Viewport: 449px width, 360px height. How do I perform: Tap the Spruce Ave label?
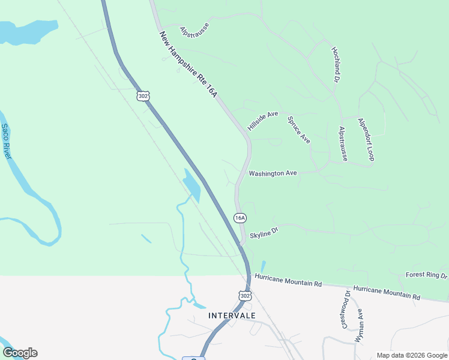298,130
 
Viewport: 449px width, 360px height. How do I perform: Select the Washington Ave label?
273,173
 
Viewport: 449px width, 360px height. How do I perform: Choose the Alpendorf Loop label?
366,139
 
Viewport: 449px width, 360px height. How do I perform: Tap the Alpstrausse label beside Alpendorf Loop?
343,144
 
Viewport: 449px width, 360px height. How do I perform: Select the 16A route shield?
240,218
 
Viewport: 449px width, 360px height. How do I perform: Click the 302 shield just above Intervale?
244,296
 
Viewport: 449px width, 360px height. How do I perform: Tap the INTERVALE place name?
232,316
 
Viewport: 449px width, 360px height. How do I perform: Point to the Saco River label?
6,142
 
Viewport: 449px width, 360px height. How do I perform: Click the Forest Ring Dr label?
427,275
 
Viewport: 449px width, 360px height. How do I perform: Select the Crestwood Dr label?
346,309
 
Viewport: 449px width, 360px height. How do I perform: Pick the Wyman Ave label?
359,326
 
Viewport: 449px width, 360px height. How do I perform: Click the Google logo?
20,353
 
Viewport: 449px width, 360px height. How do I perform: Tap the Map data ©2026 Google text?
411,355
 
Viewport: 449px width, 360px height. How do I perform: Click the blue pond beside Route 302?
192,185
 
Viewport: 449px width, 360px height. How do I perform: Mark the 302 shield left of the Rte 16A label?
142,96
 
